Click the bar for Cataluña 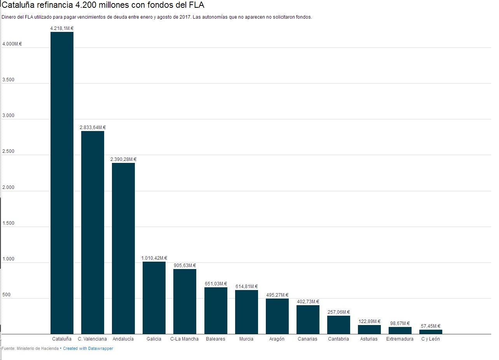pos(62,183)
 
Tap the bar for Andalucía pos(123,248)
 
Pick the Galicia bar pos(154,298)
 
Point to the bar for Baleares pos(216,311)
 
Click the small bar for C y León pos(431,332)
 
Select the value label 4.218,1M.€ pos(62,28)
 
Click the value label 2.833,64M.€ pos(92,128)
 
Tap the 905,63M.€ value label pos(185,266)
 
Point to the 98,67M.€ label pos(400,323)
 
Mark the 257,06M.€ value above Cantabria pos(338,312)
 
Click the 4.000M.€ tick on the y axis pos(12,44)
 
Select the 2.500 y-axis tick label pos(8,151)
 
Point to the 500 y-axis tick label pos(7,295)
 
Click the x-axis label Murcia pos(246,339)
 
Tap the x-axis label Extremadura pos(400,339)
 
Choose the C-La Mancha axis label pos(185,339)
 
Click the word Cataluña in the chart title pos(18,5)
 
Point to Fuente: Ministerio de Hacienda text pos(30,349)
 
